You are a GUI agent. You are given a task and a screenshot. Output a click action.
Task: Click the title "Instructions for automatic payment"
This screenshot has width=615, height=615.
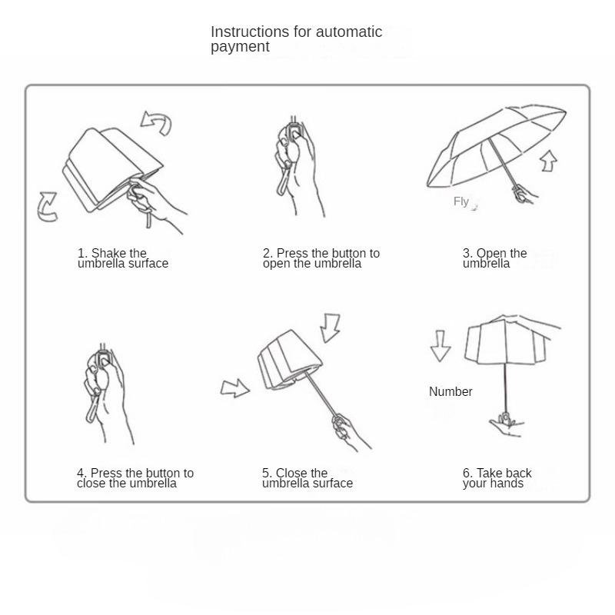[296, 39]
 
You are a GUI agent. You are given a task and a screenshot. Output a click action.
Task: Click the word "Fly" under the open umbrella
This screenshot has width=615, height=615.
[461, 201]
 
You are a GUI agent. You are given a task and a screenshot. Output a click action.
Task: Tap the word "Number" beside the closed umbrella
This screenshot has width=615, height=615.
[450, 391]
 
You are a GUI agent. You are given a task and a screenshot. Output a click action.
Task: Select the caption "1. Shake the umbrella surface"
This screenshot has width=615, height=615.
[123, 258]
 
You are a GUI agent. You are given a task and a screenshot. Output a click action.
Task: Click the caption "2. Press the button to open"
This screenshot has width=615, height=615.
[321, 258]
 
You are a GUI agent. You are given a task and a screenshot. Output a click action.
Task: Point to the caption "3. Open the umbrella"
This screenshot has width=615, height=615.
[494, 258]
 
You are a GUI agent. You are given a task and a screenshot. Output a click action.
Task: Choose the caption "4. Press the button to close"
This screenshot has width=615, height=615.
[135, 478]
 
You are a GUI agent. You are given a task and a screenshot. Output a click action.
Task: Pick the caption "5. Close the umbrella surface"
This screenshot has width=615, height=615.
[307, 478]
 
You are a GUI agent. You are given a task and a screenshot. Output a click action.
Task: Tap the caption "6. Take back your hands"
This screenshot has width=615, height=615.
[497, 478]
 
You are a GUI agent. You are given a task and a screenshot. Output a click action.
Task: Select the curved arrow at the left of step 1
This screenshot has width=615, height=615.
[48, 207]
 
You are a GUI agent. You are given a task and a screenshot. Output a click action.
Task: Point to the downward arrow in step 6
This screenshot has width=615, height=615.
[440, 345]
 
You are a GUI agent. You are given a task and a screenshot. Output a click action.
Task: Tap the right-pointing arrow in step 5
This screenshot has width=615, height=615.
[234, 388]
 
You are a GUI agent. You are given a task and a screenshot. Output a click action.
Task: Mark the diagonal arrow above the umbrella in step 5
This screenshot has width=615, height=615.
[331, 327]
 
